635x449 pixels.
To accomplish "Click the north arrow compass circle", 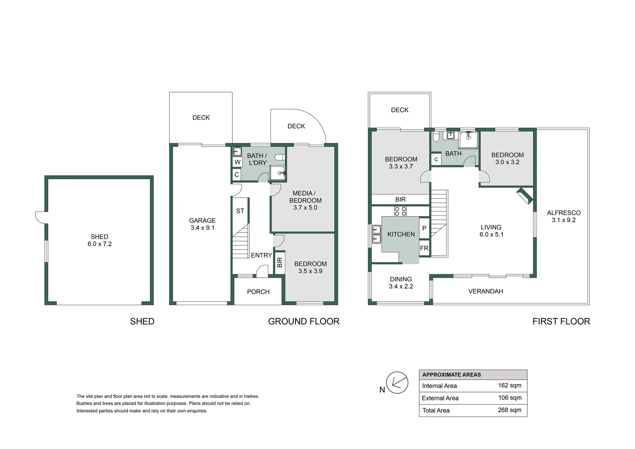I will (397, 383).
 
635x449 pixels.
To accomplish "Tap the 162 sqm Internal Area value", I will (509, 385).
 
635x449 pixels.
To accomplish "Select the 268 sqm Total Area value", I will (509, 410).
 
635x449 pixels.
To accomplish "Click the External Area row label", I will (440, 398).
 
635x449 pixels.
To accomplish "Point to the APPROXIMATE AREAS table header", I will (452, 375).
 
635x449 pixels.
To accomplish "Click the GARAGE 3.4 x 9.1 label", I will (202, 224).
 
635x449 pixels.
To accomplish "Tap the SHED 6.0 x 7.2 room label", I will (100, 240).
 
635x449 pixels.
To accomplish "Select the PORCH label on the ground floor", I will (258, 292).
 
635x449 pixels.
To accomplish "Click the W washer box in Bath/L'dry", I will (237, 162).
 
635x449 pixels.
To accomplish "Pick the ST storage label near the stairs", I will (240, 211).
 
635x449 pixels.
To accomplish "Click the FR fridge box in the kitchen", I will (424, 249).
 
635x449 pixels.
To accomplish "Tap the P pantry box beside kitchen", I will (424, 228).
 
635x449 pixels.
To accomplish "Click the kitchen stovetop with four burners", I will (400, 211).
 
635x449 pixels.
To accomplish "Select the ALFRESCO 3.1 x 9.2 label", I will (564, 216).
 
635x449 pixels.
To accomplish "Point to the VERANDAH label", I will (485, 291).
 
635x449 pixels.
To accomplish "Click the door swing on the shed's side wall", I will (40, 217).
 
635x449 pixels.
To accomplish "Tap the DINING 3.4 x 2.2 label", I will (401, 283).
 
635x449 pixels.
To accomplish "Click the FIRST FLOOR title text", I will (561, 321).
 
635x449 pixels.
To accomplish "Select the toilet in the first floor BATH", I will (436, 137).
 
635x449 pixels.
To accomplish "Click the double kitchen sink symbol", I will (377, 234).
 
